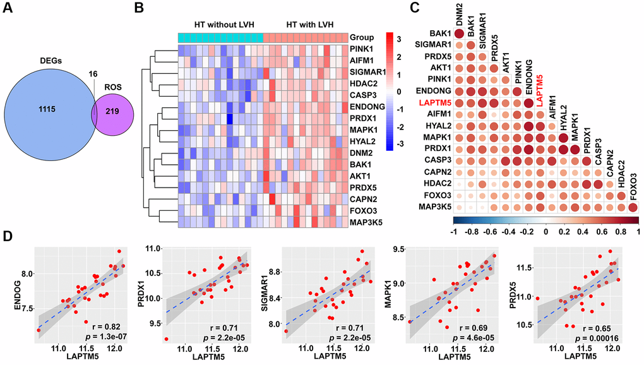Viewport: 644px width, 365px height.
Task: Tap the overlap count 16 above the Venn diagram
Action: coord(95,73)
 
